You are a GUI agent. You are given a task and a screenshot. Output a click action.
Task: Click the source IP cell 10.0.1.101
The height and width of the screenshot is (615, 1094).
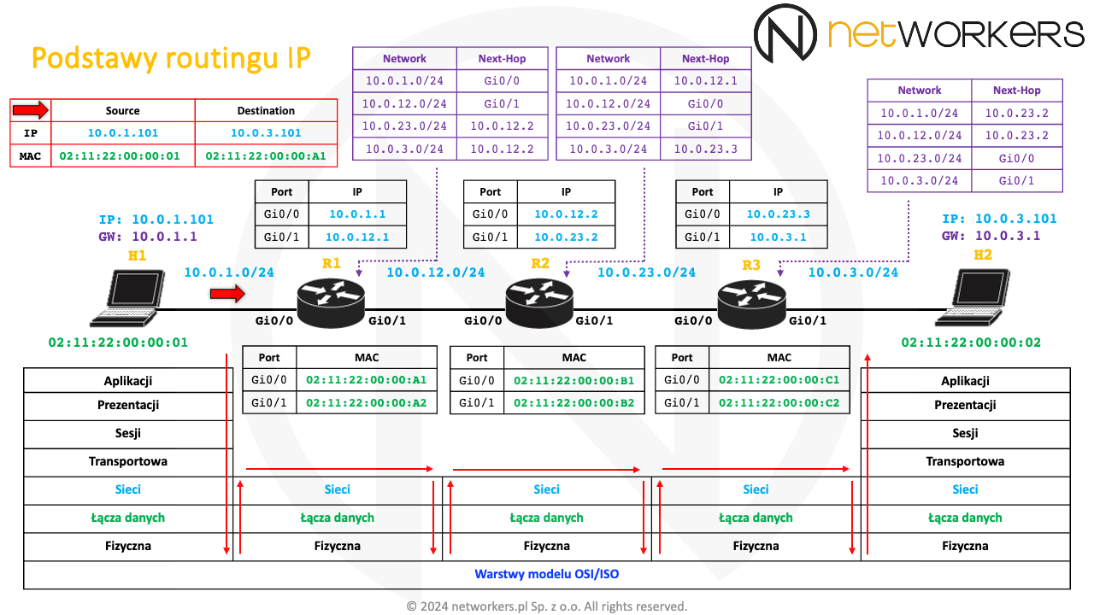pos(123,133)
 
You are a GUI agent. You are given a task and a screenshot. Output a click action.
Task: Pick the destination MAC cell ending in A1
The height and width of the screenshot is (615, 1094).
pos(267,155)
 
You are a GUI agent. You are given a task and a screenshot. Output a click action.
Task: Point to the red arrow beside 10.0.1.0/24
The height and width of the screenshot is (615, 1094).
pos(227,295)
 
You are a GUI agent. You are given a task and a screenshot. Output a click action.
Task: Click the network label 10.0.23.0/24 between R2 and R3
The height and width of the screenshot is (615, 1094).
pos(646,272)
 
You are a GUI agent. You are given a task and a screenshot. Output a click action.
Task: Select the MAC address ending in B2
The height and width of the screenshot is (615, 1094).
pos(574,402)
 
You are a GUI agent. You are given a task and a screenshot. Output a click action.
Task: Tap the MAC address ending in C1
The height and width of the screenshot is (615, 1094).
pos(779,380)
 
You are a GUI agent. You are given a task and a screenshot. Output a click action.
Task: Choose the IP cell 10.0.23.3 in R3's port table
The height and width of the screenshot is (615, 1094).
pos(778,215)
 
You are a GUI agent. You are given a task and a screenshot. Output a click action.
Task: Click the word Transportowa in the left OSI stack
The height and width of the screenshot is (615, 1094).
pos(128,461)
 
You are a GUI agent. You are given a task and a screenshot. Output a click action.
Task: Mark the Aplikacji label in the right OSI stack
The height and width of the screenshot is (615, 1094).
pos(965,381)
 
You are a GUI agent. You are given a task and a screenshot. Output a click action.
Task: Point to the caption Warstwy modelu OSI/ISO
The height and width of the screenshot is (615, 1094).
pos(547,574)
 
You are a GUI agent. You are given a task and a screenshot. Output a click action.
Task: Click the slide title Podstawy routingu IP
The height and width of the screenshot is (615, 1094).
pos(171,58)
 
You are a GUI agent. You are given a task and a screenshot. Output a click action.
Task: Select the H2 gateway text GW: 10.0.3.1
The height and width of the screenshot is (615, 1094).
pos(991,236)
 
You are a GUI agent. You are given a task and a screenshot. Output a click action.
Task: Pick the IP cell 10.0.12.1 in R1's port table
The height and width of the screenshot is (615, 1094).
pos(357,237)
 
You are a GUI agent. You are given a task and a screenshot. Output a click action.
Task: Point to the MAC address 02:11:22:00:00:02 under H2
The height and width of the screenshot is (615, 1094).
pos(971,343)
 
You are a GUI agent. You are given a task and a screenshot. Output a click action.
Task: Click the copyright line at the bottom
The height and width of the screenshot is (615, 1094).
pos(547,606)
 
